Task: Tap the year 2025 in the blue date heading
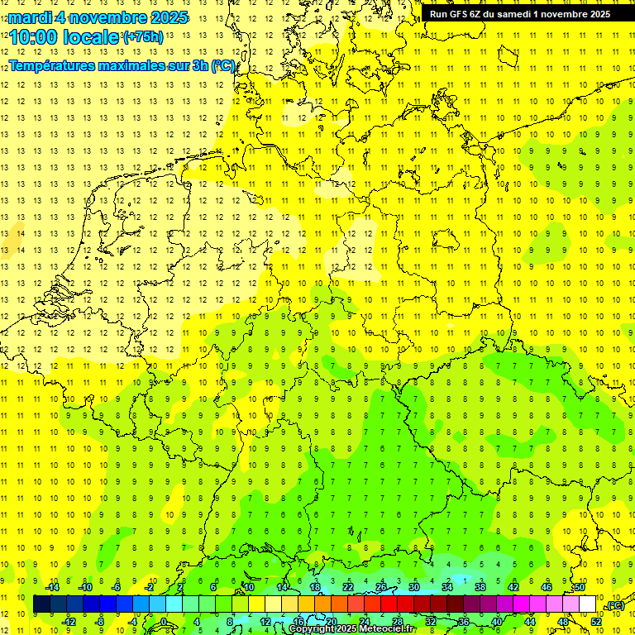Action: pos(165,17)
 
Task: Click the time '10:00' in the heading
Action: pos(35,37)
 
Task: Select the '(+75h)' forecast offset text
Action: pos(143,37)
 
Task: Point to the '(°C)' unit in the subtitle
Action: pos(223,65)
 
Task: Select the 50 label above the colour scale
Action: pos(580,586)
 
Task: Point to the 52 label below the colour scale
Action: pos(596,622)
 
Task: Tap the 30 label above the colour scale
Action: pos(414,586)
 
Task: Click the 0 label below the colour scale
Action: pos(164,622)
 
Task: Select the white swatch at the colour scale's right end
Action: pos(588,604)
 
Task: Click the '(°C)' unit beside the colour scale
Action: pos(614,606)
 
